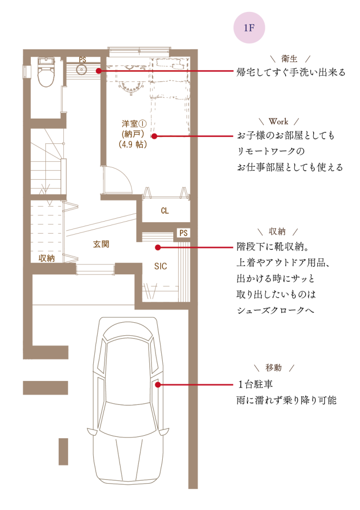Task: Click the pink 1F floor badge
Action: [x=249, y=28]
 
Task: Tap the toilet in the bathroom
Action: [x=46, y=72]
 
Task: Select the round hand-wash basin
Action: [x=82, y=69]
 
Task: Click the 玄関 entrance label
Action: [x=101, y=244]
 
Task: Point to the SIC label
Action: [x=161, y=266]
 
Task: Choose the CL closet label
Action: [x=165, y=211]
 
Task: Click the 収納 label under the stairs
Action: [x=46, y=258]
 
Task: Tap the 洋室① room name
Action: [x=134, y=124]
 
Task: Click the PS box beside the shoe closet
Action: [x=183, y=233]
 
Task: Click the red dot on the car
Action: [x=158, y=385]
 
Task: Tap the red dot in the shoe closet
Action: [x=158, y=248]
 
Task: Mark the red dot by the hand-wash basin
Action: [x=99, y=71]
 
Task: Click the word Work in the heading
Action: [x=278, y=122]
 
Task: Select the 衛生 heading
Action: [x=289, y=59]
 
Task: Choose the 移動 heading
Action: [x=273, y=368]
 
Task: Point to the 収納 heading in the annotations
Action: [x=277, y=231]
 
